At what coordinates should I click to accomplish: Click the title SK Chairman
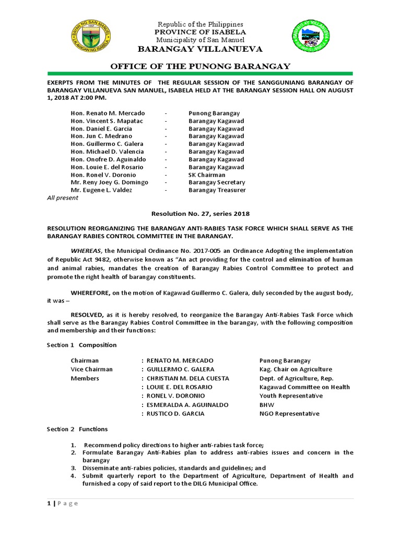point(207,175)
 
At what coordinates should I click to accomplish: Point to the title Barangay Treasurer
point(217,190)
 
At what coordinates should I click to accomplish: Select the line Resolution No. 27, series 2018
point(200,214)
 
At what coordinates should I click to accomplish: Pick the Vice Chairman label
point(92,369)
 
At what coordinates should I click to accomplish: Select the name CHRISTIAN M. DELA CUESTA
point(188,378)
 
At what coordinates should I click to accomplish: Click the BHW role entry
point(266,405)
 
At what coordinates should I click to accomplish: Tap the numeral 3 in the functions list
point(74,468)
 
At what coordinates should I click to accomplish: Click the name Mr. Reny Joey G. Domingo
point(110,182)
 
